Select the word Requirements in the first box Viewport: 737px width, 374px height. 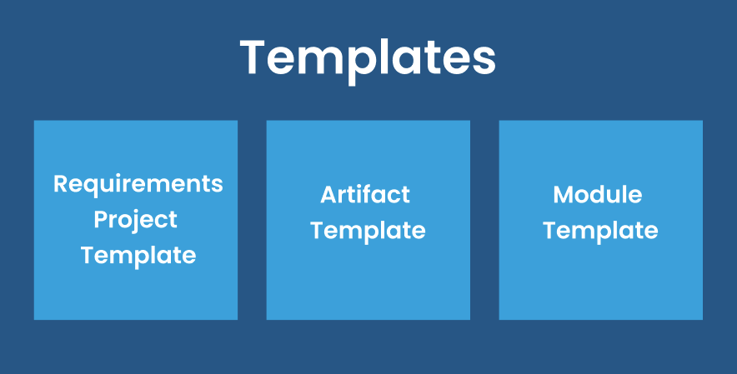point(138,183)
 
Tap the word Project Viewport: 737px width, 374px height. point(135,220)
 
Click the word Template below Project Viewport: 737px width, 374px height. point(138,255)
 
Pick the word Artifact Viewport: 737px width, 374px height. point(365,195)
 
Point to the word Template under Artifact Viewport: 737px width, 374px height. point(368,231)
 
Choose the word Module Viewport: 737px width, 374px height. point(598,195)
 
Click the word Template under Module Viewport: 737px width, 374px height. point(600,231)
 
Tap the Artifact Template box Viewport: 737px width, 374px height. point(368,283)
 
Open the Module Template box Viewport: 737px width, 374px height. point(600,283)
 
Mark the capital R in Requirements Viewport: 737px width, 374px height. point(61,183)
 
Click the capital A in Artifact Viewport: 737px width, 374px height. point(328,195)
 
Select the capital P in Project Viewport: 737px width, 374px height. point(101,220)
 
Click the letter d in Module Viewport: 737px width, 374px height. point(604,195)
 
